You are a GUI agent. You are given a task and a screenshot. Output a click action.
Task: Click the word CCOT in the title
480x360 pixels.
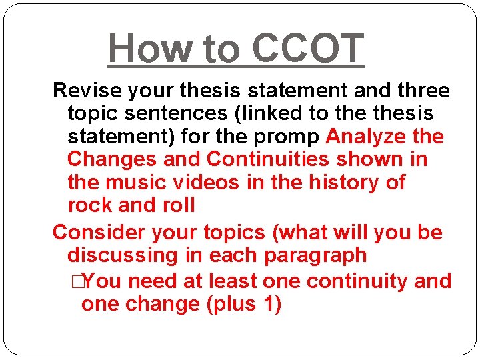[308, 48]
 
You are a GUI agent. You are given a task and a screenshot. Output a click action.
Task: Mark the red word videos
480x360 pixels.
[205, 182]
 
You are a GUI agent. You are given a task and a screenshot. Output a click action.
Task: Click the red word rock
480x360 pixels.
[88, 205]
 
